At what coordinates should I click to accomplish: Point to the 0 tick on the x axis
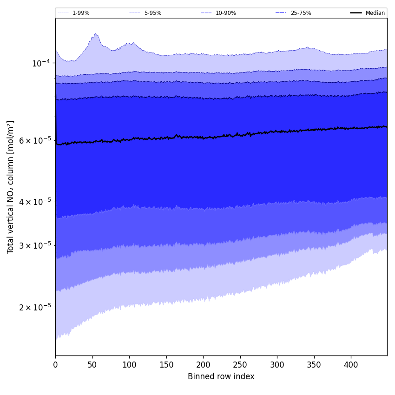pyautogui.click(x=55, y=365)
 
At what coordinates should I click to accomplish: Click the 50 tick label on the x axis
pyautogui.click(x=92, y=365)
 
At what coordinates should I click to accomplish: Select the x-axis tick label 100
pyautogui.click(x=129, y=365)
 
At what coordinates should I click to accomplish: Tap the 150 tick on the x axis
pyautogui.click(x=166, y=365)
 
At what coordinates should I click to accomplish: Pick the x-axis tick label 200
pyautogui.click(x=203, y=365)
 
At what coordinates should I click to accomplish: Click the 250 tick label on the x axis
pyautogui.click(x=240, y=365)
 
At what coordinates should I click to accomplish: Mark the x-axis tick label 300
pyautogui.click(x=277, y=365)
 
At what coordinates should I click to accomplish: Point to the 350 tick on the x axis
pyautogui.click(x=314, y=365)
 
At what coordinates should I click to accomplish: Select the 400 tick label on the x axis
pyautogui.click(x=351, y=365)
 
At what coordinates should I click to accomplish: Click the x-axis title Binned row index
pyautogui.click(x=221, y=376)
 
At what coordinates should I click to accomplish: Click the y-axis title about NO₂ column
pyautogui.click(x=11, y=187)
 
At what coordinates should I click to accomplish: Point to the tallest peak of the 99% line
pyautogui.click(x=95, y=33)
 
